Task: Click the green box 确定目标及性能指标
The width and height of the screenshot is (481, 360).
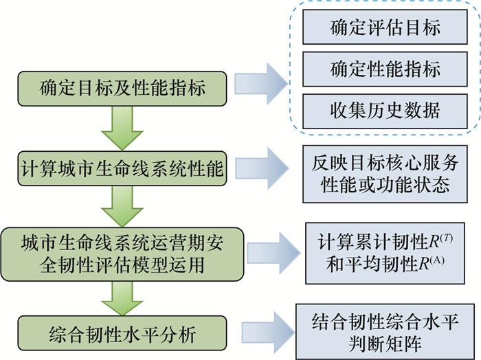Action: (122, 88)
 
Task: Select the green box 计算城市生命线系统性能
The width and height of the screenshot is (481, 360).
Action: (122, 168)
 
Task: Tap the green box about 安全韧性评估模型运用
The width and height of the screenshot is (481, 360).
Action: (122, 252)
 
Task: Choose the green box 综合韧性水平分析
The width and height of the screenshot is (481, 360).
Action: (122, 335)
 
